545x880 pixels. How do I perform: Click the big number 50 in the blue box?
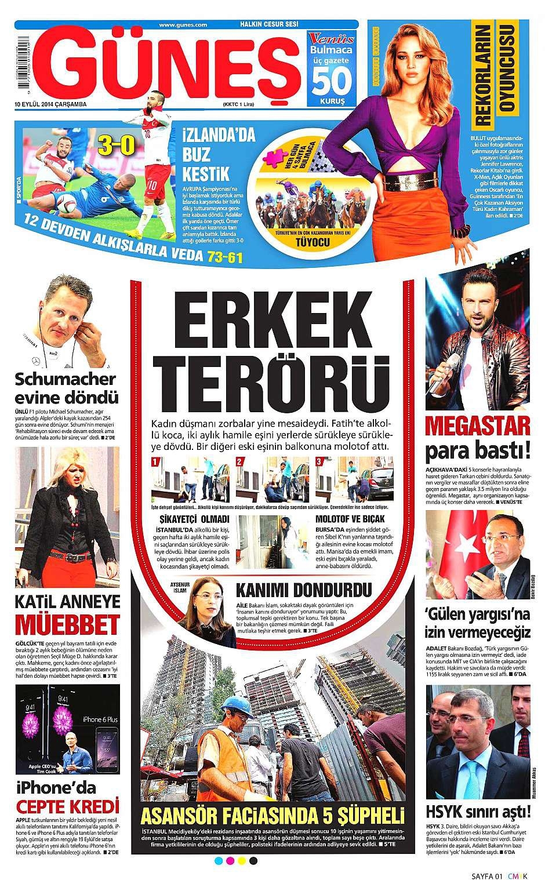(332, 81)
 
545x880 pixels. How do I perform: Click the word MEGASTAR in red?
(478, 427)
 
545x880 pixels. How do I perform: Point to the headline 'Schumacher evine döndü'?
(66, 388)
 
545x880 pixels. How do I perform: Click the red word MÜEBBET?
(66, 626)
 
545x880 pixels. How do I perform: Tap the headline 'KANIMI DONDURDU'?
(304, 591)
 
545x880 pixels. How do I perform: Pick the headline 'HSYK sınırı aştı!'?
(478, 810)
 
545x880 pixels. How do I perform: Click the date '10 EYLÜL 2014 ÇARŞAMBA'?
(51, 104)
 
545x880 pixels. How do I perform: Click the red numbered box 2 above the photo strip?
(239, 462)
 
